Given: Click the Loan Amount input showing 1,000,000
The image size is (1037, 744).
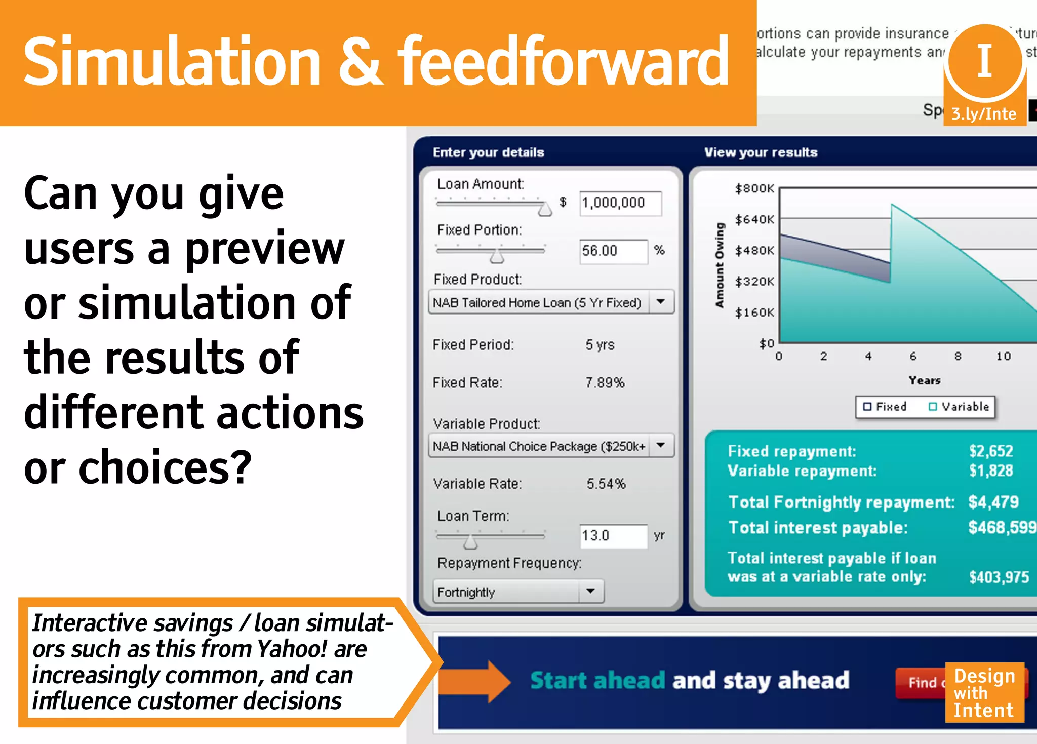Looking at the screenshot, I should [x=620, y=203].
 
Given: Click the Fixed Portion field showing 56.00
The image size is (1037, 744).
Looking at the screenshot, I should [x=613, y=251].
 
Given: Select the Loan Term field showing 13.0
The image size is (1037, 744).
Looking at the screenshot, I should [x=613, y=536].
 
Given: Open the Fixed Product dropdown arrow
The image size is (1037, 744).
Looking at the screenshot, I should [x=660, y=302].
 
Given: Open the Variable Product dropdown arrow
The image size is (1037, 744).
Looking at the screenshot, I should [x=660, y=445].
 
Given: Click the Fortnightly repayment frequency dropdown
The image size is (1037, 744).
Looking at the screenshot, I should [x=518, y=592].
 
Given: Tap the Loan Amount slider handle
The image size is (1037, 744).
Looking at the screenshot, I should [x=545, y=209].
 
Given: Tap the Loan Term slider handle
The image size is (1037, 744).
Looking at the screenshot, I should [x=470, y=542].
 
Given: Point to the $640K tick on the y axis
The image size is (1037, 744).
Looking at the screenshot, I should [x=754, y=219].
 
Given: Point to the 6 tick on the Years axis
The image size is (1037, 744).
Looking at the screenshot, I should [x=913, y=356].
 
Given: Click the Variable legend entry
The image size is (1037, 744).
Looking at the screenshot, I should [x=959, y=407].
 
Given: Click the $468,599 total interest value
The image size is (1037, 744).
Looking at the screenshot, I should [x=1002, y=527].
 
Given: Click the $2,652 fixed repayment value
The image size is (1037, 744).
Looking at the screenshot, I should [x=991, y=451].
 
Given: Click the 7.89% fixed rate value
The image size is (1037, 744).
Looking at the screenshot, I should [x=605, y=382].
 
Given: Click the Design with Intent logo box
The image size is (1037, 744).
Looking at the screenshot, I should [x=984, y=692].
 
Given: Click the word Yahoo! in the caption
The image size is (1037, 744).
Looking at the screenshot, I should [x=286, y=649].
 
